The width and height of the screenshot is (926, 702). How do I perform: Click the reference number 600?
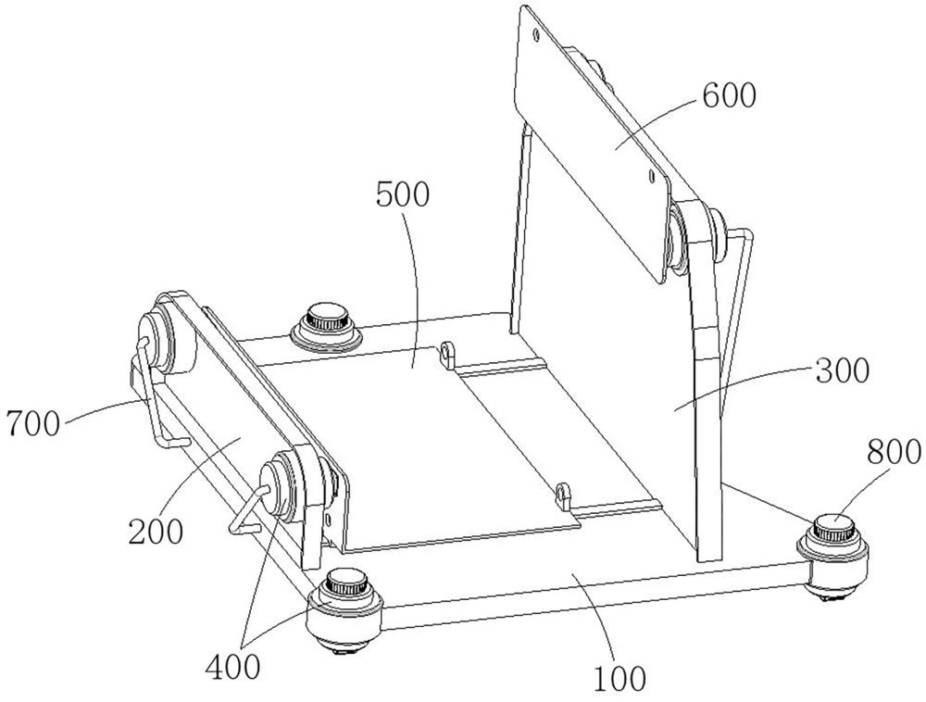coord(729,95)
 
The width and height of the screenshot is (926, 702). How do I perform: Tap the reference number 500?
coord(403,194)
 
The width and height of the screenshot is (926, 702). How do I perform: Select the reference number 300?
coord(842,370)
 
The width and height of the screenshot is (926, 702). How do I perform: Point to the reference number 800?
coord(894,453)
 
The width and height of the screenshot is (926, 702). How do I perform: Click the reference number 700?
coord(33,423)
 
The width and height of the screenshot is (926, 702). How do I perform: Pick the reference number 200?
coord(156,532)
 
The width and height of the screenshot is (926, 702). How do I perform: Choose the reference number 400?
coord(232,667)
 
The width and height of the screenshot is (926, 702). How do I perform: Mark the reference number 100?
coord(619,679)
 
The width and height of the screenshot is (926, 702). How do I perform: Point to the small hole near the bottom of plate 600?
coord(650,175)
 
